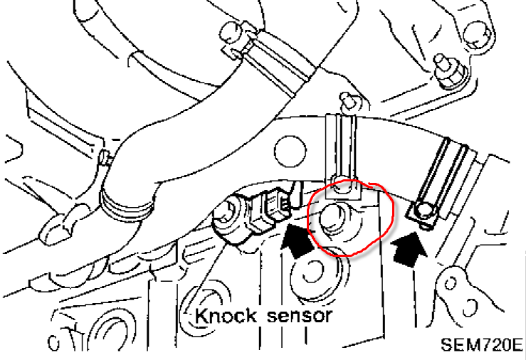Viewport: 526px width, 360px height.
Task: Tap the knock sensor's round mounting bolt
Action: coord(226,211)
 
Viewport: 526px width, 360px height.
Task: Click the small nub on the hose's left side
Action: coord(105,156)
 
